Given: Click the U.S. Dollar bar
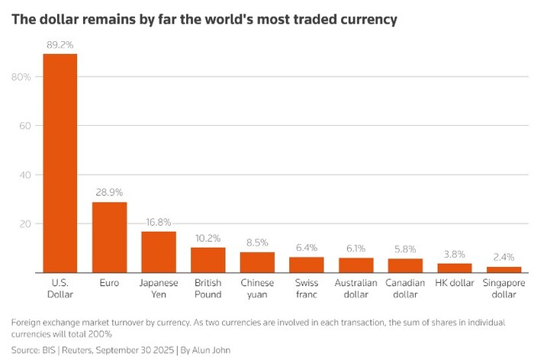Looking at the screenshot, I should (60, 163).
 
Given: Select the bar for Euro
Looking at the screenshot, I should (110, 237).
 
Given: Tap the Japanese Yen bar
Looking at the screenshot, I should (159, 252).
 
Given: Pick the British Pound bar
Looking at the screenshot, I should (208, 260).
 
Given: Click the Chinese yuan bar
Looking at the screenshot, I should (257, 262).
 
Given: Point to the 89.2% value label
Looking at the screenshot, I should (60, 45).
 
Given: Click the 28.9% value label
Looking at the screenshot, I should (110, 193).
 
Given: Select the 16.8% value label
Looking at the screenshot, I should (159, 223).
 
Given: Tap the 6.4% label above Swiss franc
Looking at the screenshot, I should (306, 248).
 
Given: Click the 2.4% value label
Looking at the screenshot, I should (503, 258).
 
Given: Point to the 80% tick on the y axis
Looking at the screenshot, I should (21, 77).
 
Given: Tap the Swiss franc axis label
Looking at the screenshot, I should (306, 288).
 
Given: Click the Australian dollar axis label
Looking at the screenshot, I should (355, 288).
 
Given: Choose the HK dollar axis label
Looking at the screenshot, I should (454, 283).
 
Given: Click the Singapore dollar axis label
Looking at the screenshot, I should (503, 288).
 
